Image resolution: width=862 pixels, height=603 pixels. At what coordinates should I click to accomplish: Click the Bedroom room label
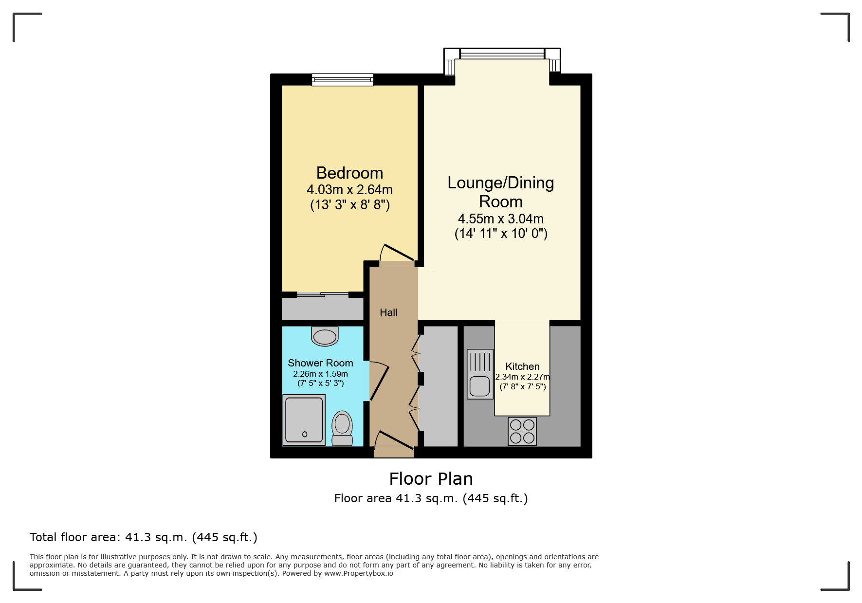click(349, 173)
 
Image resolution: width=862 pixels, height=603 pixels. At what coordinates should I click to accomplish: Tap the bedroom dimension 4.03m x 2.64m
click(349, 190)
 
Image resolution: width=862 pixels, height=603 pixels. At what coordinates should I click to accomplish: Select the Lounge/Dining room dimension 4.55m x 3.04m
click(501, 219)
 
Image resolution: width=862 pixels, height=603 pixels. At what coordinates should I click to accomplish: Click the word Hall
click(388, 312)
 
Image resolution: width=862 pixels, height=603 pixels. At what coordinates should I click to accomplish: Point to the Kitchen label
click(522, 366)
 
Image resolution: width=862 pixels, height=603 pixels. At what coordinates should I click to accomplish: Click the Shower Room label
click(320, 363)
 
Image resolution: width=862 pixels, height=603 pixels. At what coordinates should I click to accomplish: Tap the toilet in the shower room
click(342, 428)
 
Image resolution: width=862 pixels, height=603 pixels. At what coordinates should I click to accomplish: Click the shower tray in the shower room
click(304, 420)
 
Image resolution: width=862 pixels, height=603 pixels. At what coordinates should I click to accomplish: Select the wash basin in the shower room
click(325, 336)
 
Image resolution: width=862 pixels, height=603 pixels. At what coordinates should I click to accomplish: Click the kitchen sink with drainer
click(480, 374)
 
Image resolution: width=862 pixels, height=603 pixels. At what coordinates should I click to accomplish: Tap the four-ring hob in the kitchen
click(522, 431)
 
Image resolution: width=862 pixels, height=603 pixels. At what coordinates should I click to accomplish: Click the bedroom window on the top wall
click(343, 80)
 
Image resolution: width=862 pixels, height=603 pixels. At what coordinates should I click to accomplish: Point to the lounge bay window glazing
click(502, 54)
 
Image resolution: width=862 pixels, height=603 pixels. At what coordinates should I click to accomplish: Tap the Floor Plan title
click(431, 479)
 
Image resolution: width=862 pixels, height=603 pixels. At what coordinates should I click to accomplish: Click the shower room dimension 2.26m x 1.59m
click(320, 374)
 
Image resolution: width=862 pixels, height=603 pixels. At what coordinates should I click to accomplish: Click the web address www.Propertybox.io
click(359, 573)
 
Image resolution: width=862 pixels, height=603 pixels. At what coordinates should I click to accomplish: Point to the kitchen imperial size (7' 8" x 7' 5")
click(523, 386)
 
